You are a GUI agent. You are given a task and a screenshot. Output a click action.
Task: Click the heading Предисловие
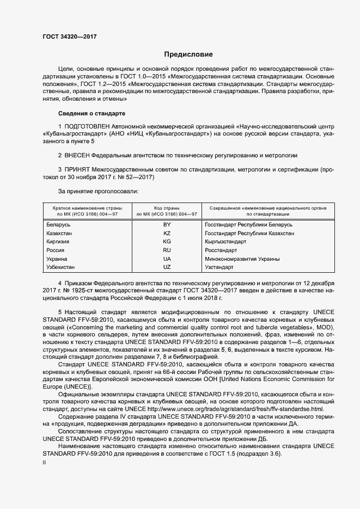pyautogui.click(x=188, y=55)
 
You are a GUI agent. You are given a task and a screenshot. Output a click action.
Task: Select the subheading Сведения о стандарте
pyautogui.click(x=91, y=113)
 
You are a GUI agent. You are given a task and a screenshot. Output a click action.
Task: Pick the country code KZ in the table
pyautogui.click(x=167, y=233)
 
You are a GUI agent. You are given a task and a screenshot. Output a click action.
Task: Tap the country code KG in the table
pyautogui.click(x=167, y=242)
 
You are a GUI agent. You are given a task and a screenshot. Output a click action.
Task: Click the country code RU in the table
pyautogui.click(x=167, y=250)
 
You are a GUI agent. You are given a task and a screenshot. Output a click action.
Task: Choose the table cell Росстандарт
pyautogui.click(x=221, y=250)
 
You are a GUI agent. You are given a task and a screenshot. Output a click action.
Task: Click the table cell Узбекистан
pyautogui.click(x=61, y=268)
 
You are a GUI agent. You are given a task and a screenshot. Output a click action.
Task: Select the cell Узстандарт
pyautogui.click(x=219, y=268)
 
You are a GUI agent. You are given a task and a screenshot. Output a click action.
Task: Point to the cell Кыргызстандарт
pyautogui.click(x=225, y=242)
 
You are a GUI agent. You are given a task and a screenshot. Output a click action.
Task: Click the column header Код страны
pyautogui.click(x=167, y=208)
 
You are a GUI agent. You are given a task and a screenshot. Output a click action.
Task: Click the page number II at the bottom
pyautogui.click(x=45, y=462)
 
